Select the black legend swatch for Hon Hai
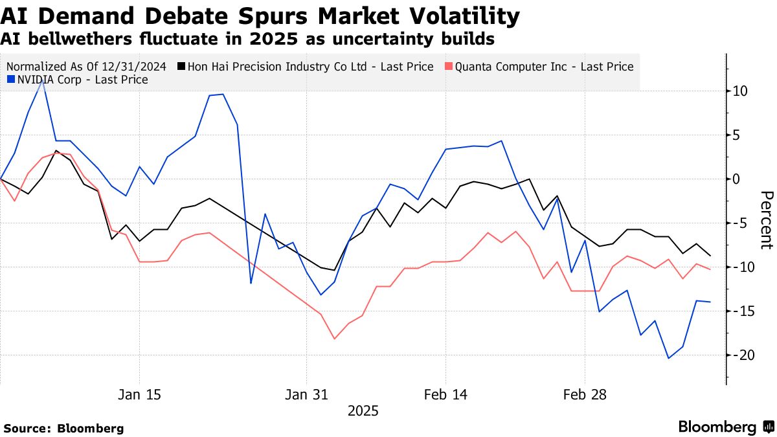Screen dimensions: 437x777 pyautogui.click(x=181, y=67)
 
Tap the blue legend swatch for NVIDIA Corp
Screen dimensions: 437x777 pyautogui.click(x=10, y=80)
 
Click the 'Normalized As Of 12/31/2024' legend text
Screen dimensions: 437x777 pyautogui.click(x=87, y=67)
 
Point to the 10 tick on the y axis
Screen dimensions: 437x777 pyautogui.click(x=739, y=91)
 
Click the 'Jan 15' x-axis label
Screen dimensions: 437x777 pyautogui.click(x=139, y=395)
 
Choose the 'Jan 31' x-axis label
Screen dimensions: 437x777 pyautogui.click(x=306, y=395)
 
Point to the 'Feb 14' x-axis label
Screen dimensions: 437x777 pyautogui.click(x=445, y=395)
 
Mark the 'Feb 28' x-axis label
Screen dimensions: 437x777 pyautogui.click(x=585, y=395)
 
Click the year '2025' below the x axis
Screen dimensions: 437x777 pyautogui.click(x=363, y=411)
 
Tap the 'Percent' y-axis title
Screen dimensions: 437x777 pyautogui.click(x=767, y=220)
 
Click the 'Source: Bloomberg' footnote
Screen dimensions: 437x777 pyautogui.click(x=63, y=429)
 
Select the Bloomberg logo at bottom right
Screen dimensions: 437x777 pyautogui.click(x=725, y=427)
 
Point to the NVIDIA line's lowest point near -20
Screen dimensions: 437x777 pyautogui.click(x=669, y=358)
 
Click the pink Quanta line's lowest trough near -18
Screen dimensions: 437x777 pyautogui.click(x=334, y=339)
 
